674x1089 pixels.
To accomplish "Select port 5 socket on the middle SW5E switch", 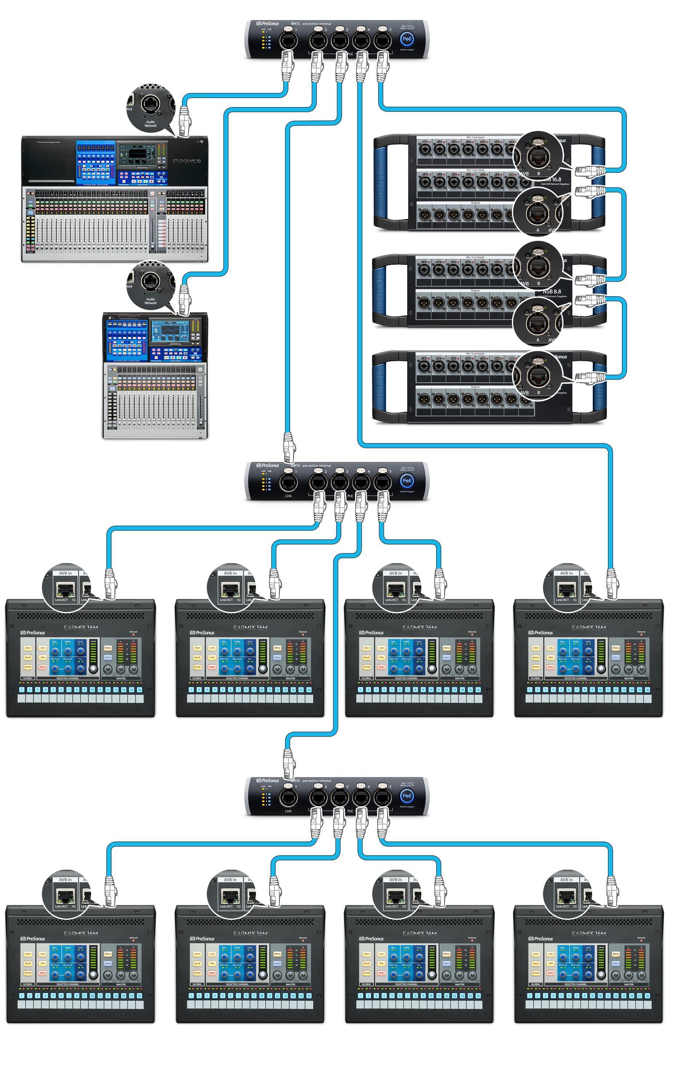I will pyautogui.click(x=382, y=481).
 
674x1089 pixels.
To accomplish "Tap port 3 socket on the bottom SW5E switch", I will pyautogui.click(x=339, y=796).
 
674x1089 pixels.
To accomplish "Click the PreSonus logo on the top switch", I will pyautogui.click(x=268, y=24).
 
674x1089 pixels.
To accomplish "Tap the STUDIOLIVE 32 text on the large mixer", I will pyautogui.click(x=187, y=161).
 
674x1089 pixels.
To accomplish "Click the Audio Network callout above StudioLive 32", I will pyautogui.click(x=150, y=123).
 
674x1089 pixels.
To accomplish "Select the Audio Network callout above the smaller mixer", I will pyautogui.click(x=150, y=301).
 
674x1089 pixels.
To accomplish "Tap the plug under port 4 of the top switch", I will pyautogui.click(x=361, y=67).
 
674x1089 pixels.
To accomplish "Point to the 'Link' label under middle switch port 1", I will pyautogui.click(x=288, y=495).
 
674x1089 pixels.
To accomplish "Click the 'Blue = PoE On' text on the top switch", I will pyautogui.click(x=407, y=26).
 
